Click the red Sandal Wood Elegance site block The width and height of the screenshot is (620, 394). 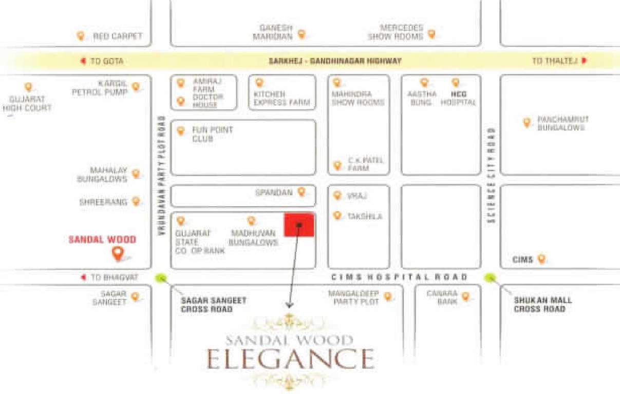click(299, 225)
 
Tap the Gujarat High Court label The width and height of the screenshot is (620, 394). click(27, 103)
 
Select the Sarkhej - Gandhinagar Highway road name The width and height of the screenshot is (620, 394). click(335, 61)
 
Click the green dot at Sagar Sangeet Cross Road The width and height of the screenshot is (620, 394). click(161, 278)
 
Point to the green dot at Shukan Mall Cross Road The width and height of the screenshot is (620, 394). click(491, 278)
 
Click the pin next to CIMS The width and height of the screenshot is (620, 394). click(541, 259)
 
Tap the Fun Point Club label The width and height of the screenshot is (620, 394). click(212, 134)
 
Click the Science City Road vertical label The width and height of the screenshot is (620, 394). click(492, 175)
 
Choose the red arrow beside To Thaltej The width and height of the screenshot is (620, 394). click(584, 61)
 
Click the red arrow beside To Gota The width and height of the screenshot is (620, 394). click(83, 61)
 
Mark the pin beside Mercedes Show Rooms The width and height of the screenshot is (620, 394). click(431, 34)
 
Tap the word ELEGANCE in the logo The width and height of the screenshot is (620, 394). click(290, 358)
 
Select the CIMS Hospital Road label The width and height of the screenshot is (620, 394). click(399, 277)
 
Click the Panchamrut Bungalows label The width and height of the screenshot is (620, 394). click(562, 123)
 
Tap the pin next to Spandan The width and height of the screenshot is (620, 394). click(302, 191)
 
